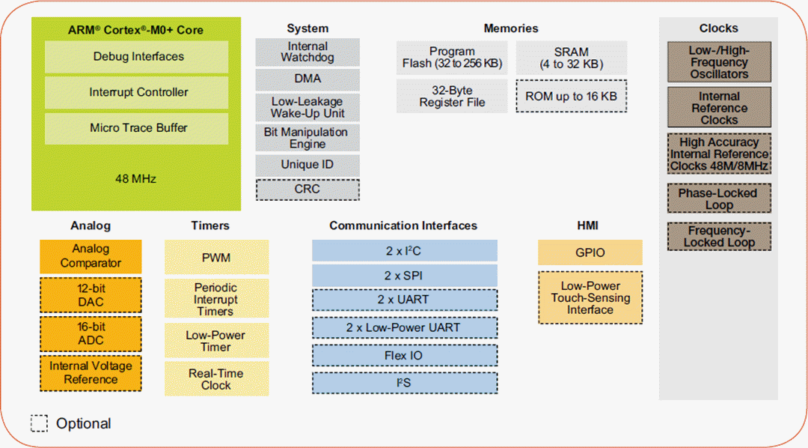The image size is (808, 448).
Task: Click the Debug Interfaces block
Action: (138, 57)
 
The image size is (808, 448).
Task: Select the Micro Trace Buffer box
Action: (138, 128)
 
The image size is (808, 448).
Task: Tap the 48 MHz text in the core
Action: (136, 179)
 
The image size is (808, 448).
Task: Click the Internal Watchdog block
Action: (307, 52)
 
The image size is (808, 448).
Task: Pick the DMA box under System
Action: (307, 79)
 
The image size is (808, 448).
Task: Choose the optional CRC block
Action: (307, 189)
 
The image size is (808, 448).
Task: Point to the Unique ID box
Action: (307, 165)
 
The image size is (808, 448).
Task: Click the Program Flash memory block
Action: (452, 58)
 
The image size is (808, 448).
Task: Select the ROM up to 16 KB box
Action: (571, 97)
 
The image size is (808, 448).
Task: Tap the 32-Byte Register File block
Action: (452, 97)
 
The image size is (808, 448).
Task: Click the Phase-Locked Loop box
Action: (719, 199)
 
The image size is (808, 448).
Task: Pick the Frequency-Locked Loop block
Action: (719, 237)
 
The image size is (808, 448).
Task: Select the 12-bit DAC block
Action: (91, 296)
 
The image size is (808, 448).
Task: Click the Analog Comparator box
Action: (91, 256)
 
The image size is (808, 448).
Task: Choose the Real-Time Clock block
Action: (216, 379)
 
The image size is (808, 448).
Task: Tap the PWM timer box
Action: (216, 258)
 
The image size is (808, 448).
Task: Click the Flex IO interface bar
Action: (405, 355)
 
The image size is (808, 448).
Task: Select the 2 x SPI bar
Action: (405, 275)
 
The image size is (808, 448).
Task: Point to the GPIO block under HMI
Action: (590, 252)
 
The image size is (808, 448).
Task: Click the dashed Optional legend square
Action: (39, 423)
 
